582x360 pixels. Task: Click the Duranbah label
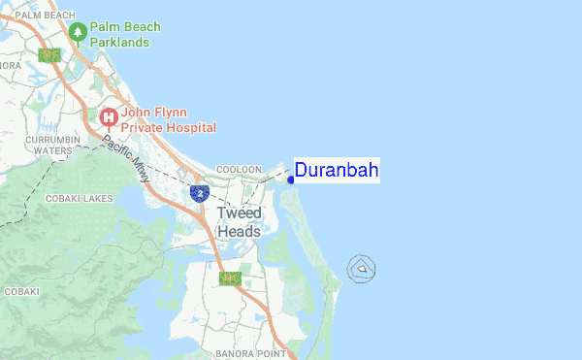point(336,171)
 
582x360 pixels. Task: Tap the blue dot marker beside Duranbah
point(290,179)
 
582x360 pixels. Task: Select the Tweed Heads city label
point(239,222)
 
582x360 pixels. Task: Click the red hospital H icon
point(110,118)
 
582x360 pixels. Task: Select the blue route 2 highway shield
point(199,193)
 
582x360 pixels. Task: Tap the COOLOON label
point(239,169)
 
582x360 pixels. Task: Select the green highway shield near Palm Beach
point(48,55)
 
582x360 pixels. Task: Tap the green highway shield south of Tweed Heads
point(230,278)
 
